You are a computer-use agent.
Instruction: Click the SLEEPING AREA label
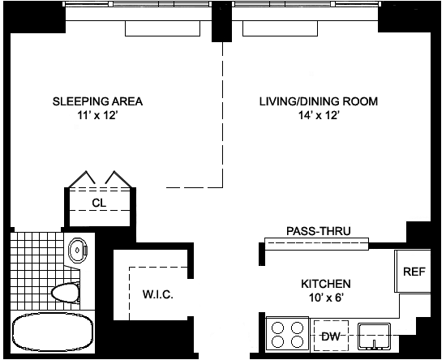[x=97, y=101]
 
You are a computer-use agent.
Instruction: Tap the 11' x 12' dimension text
[x=97, y=115]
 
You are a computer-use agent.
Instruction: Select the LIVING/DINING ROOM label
[x=319, y=101]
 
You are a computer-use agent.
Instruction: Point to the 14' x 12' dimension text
[x=319, y=115]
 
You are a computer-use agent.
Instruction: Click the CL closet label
[x=99, y=203]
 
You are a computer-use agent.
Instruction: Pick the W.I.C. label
[x=158, y=294]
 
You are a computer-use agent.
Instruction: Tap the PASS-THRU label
[x=319, y=231]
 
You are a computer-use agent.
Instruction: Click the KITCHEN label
[x=326, y=284]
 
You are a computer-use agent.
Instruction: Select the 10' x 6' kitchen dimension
[x=326, y=298]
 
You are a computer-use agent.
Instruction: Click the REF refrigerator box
[x=413, y=271]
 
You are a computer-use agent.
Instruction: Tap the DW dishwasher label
[x=331, y=336]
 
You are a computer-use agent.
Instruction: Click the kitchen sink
[x=374, y=336]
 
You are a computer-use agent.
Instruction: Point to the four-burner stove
[x=287, y=334]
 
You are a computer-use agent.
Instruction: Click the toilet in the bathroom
[x=66, y=293]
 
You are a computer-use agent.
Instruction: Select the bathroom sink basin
[x=77, y=251]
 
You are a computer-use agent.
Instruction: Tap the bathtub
[x=53, y=332]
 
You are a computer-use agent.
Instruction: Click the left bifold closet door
[x=82, y=178]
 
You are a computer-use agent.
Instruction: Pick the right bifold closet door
[x=118, y=178]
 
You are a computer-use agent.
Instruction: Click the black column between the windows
[x=222, y=22]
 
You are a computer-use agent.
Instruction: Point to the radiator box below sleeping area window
[x=163, y=28]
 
